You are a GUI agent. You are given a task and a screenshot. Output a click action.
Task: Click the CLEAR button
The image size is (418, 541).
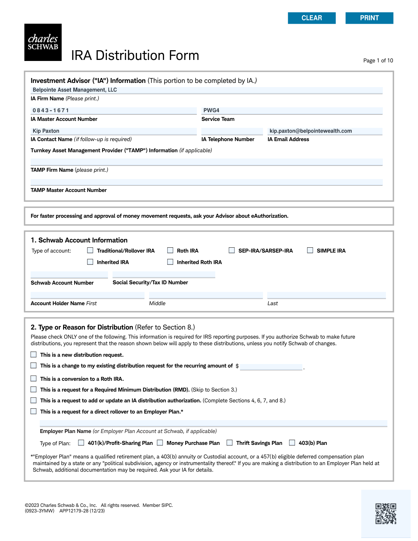pos(311,18)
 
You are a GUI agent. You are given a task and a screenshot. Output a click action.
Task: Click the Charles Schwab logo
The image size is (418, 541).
pos(43,42)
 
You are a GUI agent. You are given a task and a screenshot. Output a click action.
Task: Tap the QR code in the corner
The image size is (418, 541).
pos(386,513)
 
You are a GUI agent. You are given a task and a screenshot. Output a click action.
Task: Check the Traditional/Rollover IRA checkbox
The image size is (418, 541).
pos(90,250)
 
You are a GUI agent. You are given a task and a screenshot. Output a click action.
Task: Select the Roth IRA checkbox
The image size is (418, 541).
pos(170,250)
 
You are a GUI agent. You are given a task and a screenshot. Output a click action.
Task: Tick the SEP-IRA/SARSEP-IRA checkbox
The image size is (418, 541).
pos(232,250)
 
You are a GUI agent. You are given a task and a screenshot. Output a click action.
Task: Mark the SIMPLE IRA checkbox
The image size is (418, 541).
pos(310,250)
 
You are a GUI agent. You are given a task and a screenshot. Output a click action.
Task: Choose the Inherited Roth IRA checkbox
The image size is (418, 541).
pos(170,262)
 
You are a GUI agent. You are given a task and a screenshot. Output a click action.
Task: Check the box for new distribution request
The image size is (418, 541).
pos(33,355)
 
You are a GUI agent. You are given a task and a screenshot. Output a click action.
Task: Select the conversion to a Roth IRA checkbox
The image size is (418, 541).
pos(33,379)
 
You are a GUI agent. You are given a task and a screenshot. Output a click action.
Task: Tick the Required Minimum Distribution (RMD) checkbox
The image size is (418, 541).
pos(33,389)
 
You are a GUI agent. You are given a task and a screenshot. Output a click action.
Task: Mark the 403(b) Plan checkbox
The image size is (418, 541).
pos(292,443)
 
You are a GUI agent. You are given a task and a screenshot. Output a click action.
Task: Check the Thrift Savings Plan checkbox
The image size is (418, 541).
pos(230,443)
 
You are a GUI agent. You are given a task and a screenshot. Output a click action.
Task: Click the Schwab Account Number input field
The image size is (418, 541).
pos(69,275)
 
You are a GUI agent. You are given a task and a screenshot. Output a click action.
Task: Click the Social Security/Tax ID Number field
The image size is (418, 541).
pos(164,275)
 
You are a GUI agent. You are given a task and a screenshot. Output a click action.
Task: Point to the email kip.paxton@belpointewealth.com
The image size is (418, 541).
pos(311,131)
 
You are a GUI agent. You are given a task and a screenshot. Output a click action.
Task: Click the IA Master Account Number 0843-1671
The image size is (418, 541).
pos(51,110)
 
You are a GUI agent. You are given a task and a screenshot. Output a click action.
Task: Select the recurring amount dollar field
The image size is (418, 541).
pos(271,367)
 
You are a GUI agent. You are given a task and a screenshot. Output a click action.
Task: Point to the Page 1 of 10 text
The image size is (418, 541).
pos(378,61)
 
